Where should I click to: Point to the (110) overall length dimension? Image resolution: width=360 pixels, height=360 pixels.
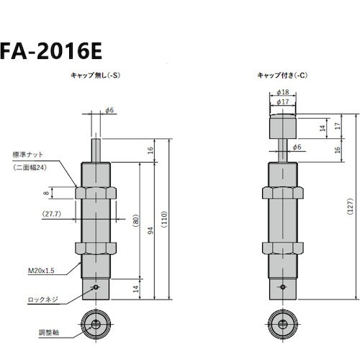[166, 220]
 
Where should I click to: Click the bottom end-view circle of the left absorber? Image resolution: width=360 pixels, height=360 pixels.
[96, 323]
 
